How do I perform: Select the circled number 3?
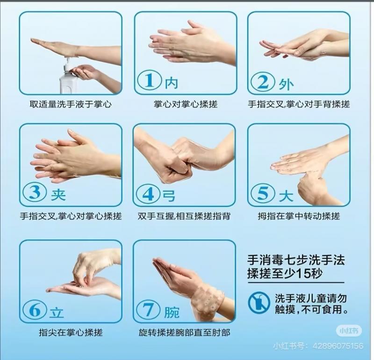(35, 192)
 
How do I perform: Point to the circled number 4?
(148, 194)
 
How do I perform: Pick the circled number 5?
(263, 193)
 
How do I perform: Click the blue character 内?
(172, 83)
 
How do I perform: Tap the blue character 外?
(286, 84)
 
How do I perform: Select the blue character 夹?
(58, 194)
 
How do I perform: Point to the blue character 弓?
(169, 195)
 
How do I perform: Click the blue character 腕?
(172, 312)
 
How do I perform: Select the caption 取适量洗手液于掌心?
(71, 104)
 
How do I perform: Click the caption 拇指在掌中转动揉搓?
(299, 216)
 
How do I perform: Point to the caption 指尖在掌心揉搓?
(71, 332)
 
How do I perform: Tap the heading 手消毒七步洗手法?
(296, 260)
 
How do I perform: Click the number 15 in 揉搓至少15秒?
(303, 274)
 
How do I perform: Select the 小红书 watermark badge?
(349, 331)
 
